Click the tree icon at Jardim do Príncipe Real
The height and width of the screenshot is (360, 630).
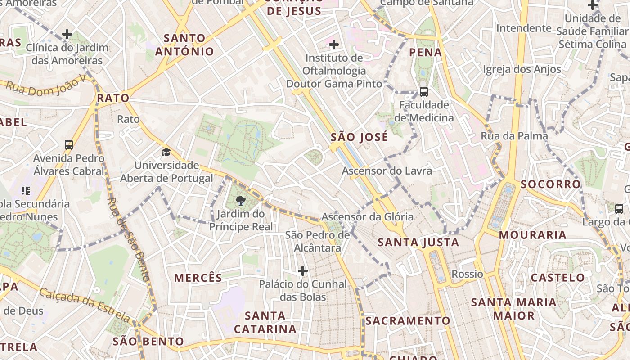click(x=240, y=201)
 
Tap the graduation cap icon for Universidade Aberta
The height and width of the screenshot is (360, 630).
click(x=166, y=152)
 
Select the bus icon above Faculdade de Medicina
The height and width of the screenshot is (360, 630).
click(x=423, y=92)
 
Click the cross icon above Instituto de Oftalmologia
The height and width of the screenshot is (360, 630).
click(x=334, y=45)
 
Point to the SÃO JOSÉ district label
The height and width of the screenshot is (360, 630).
click(x=359, y=137)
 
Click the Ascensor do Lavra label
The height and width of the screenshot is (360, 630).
click(x=387, y=171)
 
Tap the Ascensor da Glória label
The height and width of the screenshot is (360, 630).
click(x=367, y=217)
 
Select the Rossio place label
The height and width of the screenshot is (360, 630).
click(x=467, y=274)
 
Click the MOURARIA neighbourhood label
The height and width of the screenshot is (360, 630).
click(x=532, y=235)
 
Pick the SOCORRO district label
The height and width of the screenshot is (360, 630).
click(x=551, y=184)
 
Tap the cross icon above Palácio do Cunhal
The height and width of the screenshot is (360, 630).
click(x=303, y=271)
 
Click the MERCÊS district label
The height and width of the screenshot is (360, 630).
click(x=198, y=278)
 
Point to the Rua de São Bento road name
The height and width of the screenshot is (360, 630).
click(x=130, y=239)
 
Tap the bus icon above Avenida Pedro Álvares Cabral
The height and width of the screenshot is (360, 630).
click(x=69, y=145)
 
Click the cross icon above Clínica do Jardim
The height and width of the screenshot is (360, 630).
click(x=67, y=34)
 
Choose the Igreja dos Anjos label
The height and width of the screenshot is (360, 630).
click(x=522, y=69)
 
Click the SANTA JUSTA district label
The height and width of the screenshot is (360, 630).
click(x=418, y=243)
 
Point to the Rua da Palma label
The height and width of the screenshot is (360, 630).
click(x=514, y=136)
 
